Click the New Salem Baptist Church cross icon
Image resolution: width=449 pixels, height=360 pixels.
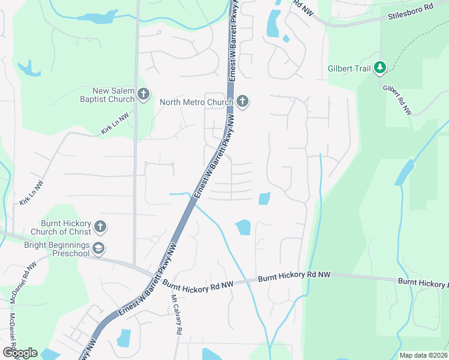(143, 94)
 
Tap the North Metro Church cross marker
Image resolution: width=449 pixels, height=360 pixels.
(243, 101)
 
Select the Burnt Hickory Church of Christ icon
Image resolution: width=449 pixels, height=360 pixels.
(100, 227)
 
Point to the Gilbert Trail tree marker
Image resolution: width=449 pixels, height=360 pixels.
(379, 68)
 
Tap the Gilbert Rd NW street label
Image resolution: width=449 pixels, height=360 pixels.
(397, 98)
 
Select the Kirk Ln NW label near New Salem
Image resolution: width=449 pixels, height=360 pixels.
(115, 124)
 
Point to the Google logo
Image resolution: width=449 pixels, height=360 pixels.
(19, 353)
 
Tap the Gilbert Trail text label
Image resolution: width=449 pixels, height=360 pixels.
(349, 68)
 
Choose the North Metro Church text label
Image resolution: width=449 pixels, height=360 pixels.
(196, 102)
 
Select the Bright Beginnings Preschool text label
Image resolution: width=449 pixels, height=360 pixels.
(56, 249)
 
